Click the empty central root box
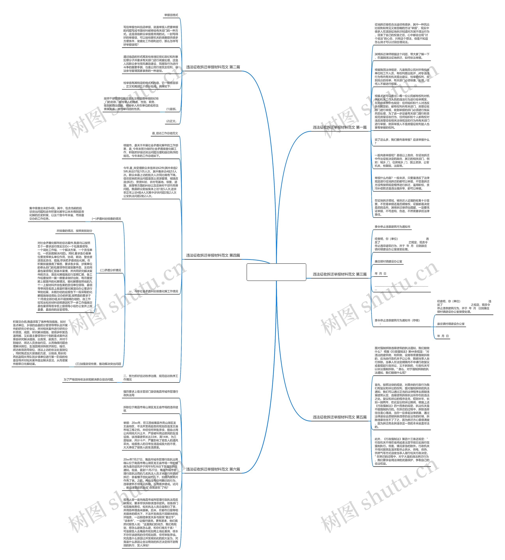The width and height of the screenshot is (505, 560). coord(276,272)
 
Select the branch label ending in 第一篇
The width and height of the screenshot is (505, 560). coord(340,127)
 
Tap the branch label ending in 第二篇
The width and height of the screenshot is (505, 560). coord(213,67)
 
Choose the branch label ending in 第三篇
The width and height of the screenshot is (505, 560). coord(340,274)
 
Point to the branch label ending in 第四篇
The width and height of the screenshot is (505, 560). coord(213,255)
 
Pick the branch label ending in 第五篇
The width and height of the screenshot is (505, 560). coord(340,417)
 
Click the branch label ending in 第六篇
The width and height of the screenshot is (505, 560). coord(213,469)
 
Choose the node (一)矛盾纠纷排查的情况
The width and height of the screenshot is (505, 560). coord(106,219)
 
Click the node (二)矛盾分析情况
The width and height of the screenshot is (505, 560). coord(110,270)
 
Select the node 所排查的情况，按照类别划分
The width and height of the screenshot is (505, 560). coord(74,231)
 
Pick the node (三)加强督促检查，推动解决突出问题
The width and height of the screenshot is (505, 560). coord(98,364)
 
